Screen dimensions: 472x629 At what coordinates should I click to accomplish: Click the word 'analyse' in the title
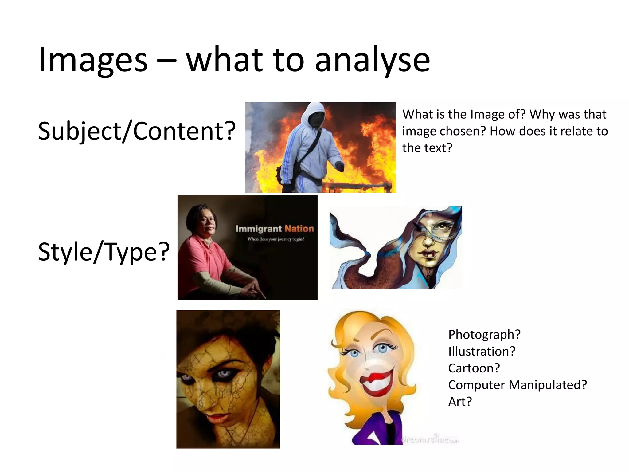[372, 60]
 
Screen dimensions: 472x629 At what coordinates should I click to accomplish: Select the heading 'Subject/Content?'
[137, 131]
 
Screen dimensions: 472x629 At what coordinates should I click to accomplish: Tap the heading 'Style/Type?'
[104, 252]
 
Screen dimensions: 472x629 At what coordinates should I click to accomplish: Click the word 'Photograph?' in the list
[484, 335]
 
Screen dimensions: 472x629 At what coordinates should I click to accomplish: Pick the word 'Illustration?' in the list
[482, 351]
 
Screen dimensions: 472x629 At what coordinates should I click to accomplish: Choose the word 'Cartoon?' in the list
[474, 368]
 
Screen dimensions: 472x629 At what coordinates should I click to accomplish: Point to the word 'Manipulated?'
[548, 385]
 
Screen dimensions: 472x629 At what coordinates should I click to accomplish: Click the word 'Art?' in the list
[460, 402]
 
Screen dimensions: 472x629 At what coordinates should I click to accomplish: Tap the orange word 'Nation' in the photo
[299, 229]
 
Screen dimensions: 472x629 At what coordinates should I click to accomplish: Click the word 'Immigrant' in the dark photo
[258, 229]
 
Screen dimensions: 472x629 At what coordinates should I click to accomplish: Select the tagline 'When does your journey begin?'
[275, 239]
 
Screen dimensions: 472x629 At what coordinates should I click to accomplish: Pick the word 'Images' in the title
[93, 60]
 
